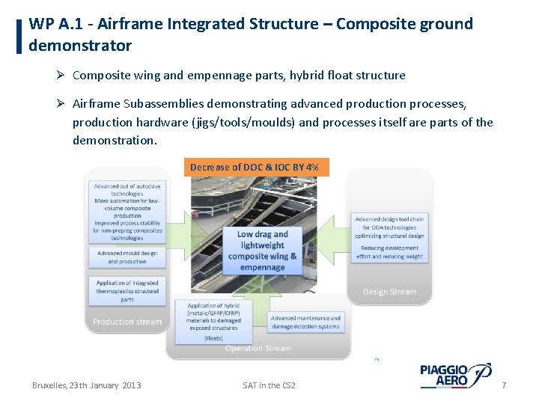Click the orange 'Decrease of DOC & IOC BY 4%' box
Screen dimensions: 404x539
[x=255, y=168]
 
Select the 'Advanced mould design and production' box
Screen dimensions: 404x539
[x=127, y=257]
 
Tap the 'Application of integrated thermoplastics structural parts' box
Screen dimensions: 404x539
[x=127, y=291]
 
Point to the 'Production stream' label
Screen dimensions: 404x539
[x=127, y=322]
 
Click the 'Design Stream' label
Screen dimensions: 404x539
[x=389, y=291]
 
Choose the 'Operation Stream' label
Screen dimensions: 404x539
[x=258, y=349]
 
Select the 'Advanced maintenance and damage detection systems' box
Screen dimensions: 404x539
[x=305, y=322]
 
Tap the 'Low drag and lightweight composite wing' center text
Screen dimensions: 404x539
[x=262, y=250]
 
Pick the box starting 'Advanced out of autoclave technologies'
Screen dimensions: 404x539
[x=127, y=211]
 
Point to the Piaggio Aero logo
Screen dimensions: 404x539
[x=454, y=375]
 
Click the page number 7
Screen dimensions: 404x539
[x=504, y=385]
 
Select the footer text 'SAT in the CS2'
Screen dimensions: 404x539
[x=269, y=385]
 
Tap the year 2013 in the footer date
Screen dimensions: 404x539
[x=130, y=385]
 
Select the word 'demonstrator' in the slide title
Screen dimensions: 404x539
[x=80, y=46]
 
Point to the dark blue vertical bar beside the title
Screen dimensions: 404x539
[x=19, y=35]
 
